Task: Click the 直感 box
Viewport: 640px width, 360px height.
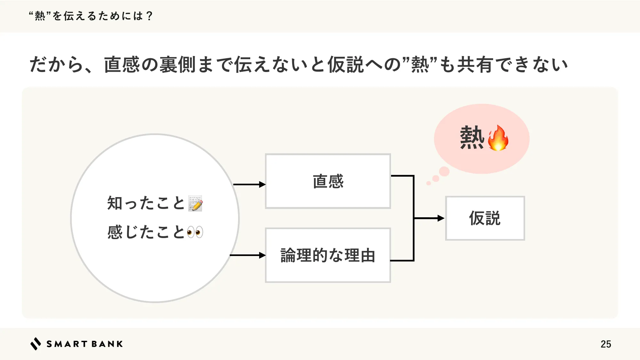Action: (x=328, y=181)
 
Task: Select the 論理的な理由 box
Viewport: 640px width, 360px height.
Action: (x=328, y=255)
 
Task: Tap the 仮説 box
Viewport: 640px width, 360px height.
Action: (x=485, y=218)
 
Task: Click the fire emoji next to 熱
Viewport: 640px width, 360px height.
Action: (x=498, y=138)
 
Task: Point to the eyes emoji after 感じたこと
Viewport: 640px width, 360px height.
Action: (x=195, y=232)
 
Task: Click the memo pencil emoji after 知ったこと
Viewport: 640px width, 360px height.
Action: (x=195, y=203)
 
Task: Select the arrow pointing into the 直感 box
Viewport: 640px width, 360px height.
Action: (x=250, y=184)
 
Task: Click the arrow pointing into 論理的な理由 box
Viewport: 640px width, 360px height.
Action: (x=248, y=255)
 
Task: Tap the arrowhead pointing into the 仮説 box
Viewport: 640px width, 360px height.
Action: (x=441, y=218)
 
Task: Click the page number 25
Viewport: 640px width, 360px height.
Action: (x=606, y=344)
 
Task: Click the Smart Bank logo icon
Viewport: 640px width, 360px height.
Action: (x=36, y=344)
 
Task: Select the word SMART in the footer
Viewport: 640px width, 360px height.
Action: (x=67, y=344)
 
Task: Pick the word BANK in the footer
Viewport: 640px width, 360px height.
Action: (x=107, y=344)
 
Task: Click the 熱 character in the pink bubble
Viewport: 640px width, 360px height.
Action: (x=472, y=138)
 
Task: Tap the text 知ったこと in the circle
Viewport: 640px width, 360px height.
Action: (x=146, y=203)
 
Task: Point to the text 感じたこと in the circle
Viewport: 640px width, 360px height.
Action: (x=146, y=232)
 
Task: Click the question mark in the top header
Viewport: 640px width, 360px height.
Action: (x=149, y=16)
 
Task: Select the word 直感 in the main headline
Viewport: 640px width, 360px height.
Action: (x=122, y=64)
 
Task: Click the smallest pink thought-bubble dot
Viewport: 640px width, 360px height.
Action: (x=428, y=183)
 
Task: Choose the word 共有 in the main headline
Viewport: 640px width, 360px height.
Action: (x=475, y=64)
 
